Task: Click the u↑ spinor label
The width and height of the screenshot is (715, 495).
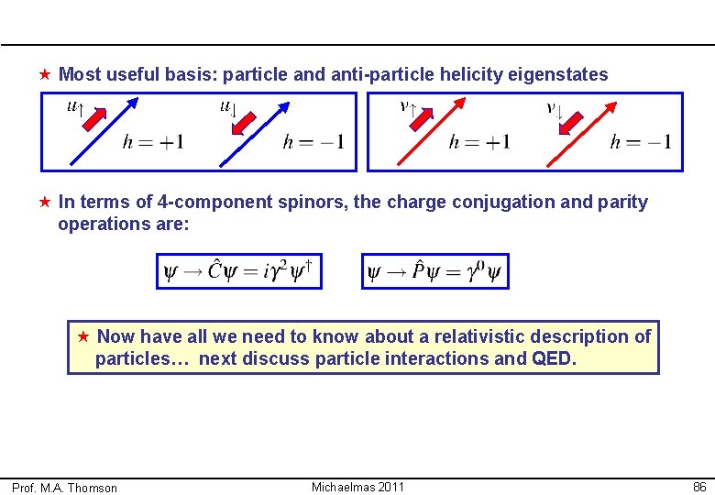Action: [x=76, y=107]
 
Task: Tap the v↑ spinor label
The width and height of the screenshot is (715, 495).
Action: [x=408, y=106]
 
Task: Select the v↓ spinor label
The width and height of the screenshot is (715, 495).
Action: [x=554, y=109]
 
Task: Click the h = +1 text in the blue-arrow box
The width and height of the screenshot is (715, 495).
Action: [x=153, y=142]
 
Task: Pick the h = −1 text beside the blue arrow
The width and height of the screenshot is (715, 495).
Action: [x=313, y=142]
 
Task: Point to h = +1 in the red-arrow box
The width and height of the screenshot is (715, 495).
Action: [x=479, y=142]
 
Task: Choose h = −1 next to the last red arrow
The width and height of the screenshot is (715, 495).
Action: [x=641, y=142]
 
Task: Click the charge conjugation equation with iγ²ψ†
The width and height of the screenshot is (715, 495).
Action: [x=239, y=271]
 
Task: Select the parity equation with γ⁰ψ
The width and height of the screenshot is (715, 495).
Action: [x=434, y=271]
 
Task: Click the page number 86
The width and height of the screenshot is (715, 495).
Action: [x=699, y=487]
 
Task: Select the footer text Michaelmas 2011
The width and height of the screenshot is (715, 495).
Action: [x=357, y=487]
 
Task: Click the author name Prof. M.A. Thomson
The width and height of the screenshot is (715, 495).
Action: [x=64, y=488]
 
